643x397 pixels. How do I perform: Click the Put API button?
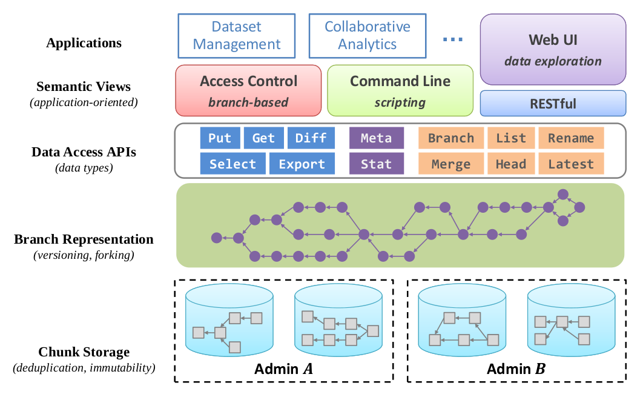(x=220, y=138)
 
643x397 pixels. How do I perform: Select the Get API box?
(x=263, y=138)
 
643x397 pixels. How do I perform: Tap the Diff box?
(x=311, y=138)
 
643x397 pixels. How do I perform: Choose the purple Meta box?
(x=376, y=138)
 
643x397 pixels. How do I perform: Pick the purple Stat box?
(x=376, y=164)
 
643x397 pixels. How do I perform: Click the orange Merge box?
(x=451, y=164)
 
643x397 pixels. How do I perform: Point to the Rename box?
(x=571, y=138)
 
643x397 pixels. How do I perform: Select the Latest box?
(x=571, y=164)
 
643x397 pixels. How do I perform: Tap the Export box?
(x=302, y=164)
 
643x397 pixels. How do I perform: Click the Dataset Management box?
(x=237, y=36)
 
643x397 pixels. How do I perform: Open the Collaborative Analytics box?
(x=368, y=36)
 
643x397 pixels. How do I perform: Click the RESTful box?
(x=552, y=104)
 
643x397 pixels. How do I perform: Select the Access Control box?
(x=248, y=91)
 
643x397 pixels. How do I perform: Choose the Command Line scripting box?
(x=400, y=91)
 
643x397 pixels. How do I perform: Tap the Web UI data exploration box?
(x=552, y=50)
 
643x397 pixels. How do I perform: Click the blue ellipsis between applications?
(x=453, y=39)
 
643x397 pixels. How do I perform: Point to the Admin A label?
(x=283, y=369)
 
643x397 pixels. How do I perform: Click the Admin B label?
(x=516, y=369)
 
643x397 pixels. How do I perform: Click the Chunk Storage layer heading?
(x=84, y=352)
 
